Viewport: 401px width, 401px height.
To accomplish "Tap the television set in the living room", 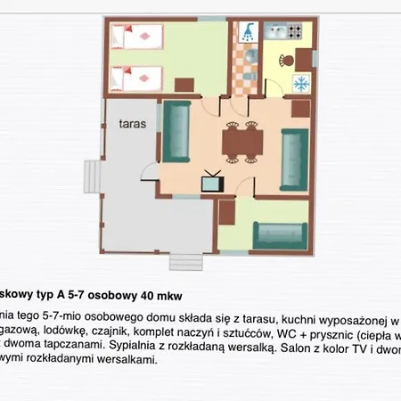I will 212,182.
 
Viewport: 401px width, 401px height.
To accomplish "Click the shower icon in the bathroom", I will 249,32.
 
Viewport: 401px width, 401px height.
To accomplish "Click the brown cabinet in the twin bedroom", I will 185,86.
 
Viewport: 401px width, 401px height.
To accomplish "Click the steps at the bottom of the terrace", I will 184,265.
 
